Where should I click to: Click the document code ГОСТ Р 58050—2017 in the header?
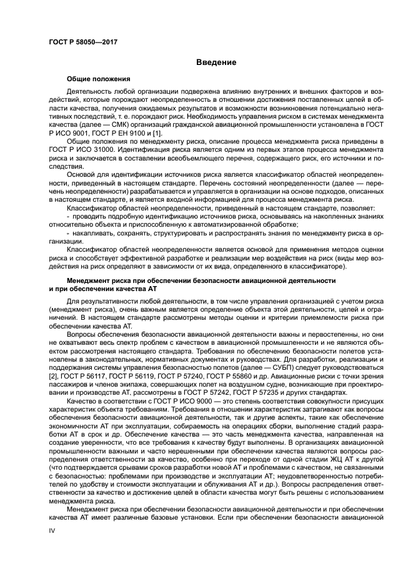83,41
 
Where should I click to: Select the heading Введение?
216,62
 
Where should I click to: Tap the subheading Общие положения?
98,79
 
